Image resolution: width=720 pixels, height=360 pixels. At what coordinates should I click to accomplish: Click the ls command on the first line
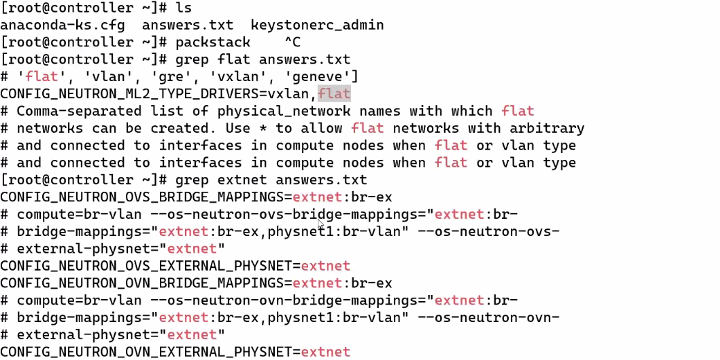[183, 8]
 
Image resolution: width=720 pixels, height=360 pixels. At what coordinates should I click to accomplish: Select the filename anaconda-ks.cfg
[63, 26]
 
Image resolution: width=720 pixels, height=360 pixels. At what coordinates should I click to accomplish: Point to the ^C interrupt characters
[292, 43]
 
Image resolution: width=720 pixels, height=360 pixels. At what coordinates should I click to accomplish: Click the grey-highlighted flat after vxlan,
[334, 93]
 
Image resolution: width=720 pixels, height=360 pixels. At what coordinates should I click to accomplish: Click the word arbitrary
[550, 128]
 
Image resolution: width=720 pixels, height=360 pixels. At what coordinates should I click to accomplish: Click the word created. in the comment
[183, 128]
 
